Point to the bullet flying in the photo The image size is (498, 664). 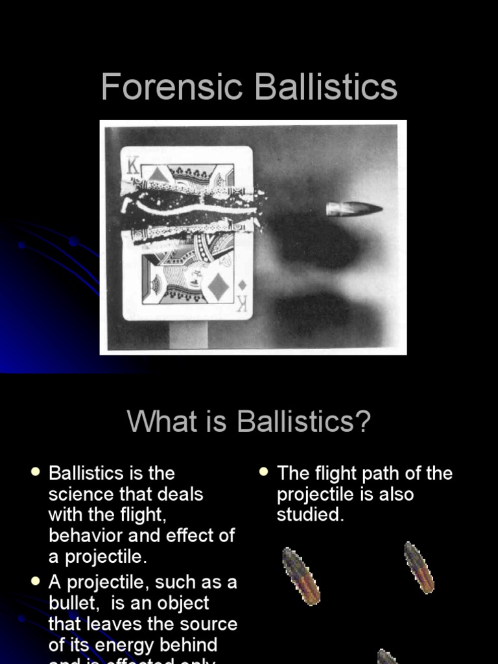[353, 209]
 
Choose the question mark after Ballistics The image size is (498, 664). [362, 421]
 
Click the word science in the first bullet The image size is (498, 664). [77, 494]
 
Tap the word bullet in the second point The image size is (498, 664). [73, 603]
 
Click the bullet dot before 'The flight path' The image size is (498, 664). [264, 472]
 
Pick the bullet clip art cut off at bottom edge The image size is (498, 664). [387, 656]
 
